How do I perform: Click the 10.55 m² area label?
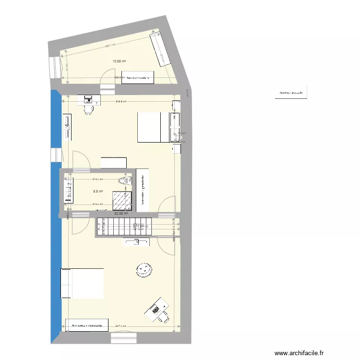point(119,61)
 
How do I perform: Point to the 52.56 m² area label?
point(121,214)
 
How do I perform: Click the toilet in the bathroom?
point(124,180)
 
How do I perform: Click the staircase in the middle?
point(124,227)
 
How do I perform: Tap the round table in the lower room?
point(144,269)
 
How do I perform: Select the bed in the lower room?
point(82,283)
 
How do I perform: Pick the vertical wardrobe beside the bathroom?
point(143,189)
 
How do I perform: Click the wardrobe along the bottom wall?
point(87,325)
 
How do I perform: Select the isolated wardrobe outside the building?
point(291,93)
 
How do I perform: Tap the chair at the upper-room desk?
point(88,109)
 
